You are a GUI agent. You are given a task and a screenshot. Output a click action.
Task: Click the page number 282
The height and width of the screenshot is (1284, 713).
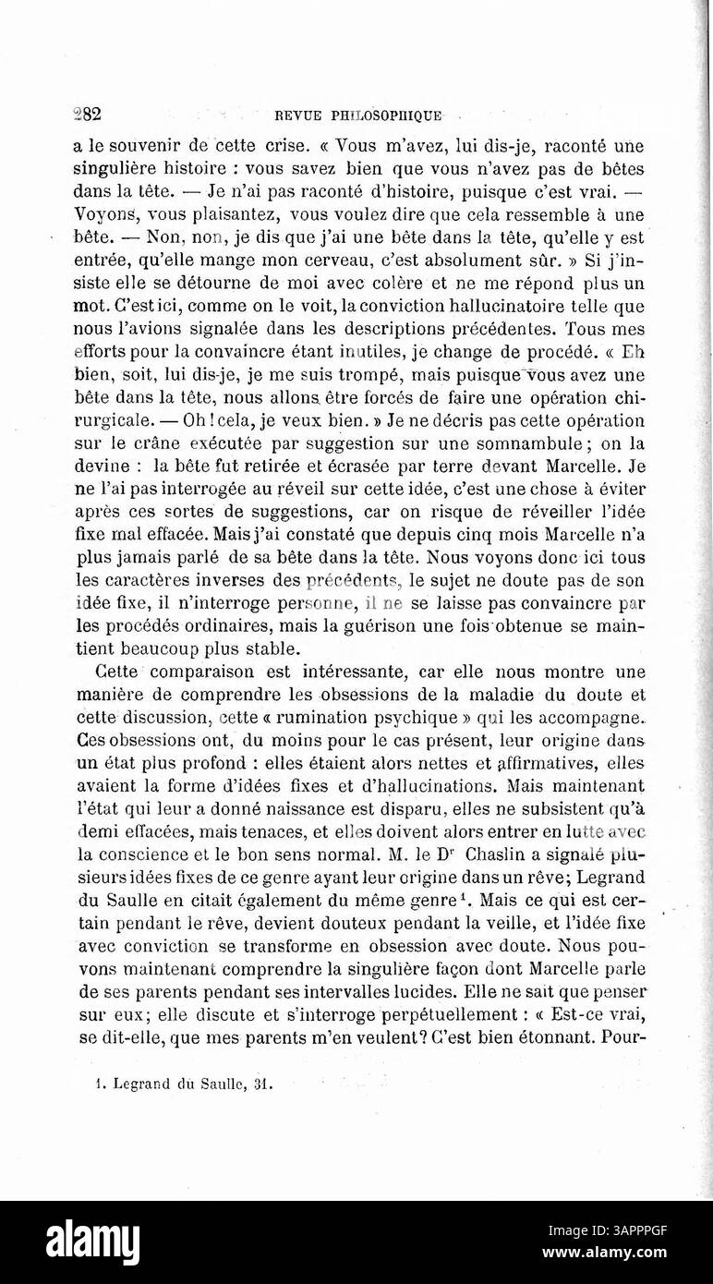[x=86, y=115]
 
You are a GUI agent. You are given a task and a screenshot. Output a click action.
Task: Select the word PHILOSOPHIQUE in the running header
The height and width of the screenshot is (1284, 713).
[x=383, y=116]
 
